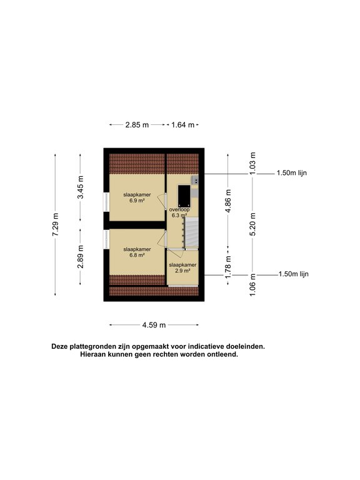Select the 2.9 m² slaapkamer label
182,268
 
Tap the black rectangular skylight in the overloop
185,195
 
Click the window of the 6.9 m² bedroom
106,204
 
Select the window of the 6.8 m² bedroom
106,239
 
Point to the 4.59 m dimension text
154,325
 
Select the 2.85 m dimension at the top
137,125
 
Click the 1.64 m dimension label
182,125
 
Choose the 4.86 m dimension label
228,201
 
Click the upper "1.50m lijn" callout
292,173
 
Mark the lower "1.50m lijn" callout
292,274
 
